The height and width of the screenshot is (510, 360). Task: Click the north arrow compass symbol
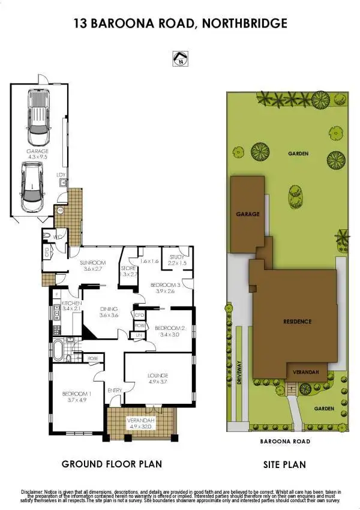pos(179,58)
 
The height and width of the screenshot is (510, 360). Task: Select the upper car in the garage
pos(38,112)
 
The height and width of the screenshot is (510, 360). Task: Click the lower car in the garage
pos(32,186)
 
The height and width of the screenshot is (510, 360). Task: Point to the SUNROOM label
pos(94,262)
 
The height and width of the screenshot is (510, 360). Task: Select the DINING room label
pos(109,309)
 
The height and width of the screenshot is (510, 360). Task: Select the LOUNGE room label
pos(158,376)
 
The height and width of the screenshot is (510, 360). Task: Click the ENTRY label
pos(115,391)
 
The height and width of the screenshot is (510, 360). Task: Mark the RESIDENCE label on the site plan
pos(298,322)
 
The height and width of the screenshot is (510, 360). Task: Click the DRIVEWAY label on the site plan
pos(239,377)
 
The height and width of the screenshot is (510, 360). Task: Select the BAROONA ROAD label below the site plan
pos(286,441)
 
